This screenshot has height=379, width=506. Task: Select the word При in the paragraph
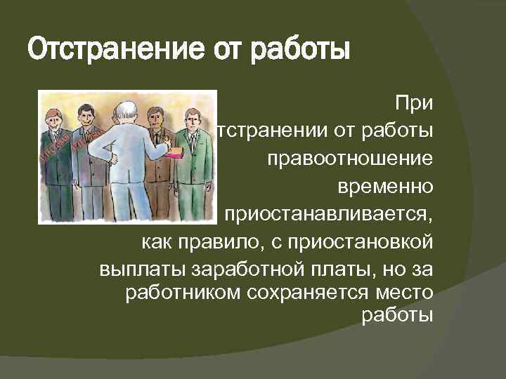414,104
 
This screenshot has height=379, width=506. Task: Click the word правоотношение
349,159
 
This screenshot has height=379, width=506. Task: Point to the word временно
385,186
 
